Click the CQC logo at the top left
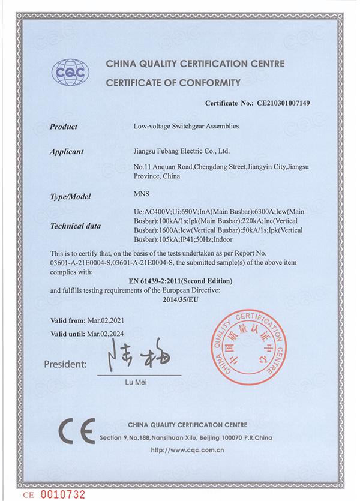71,73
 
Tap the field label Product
64,127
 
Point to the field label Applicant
67,152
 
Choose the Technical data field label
75,226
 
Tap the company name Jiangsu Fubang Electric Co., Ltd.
181,151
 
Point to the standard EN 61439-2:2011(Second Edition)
180,281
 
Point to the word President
65,364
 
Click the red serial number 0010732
63,494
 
